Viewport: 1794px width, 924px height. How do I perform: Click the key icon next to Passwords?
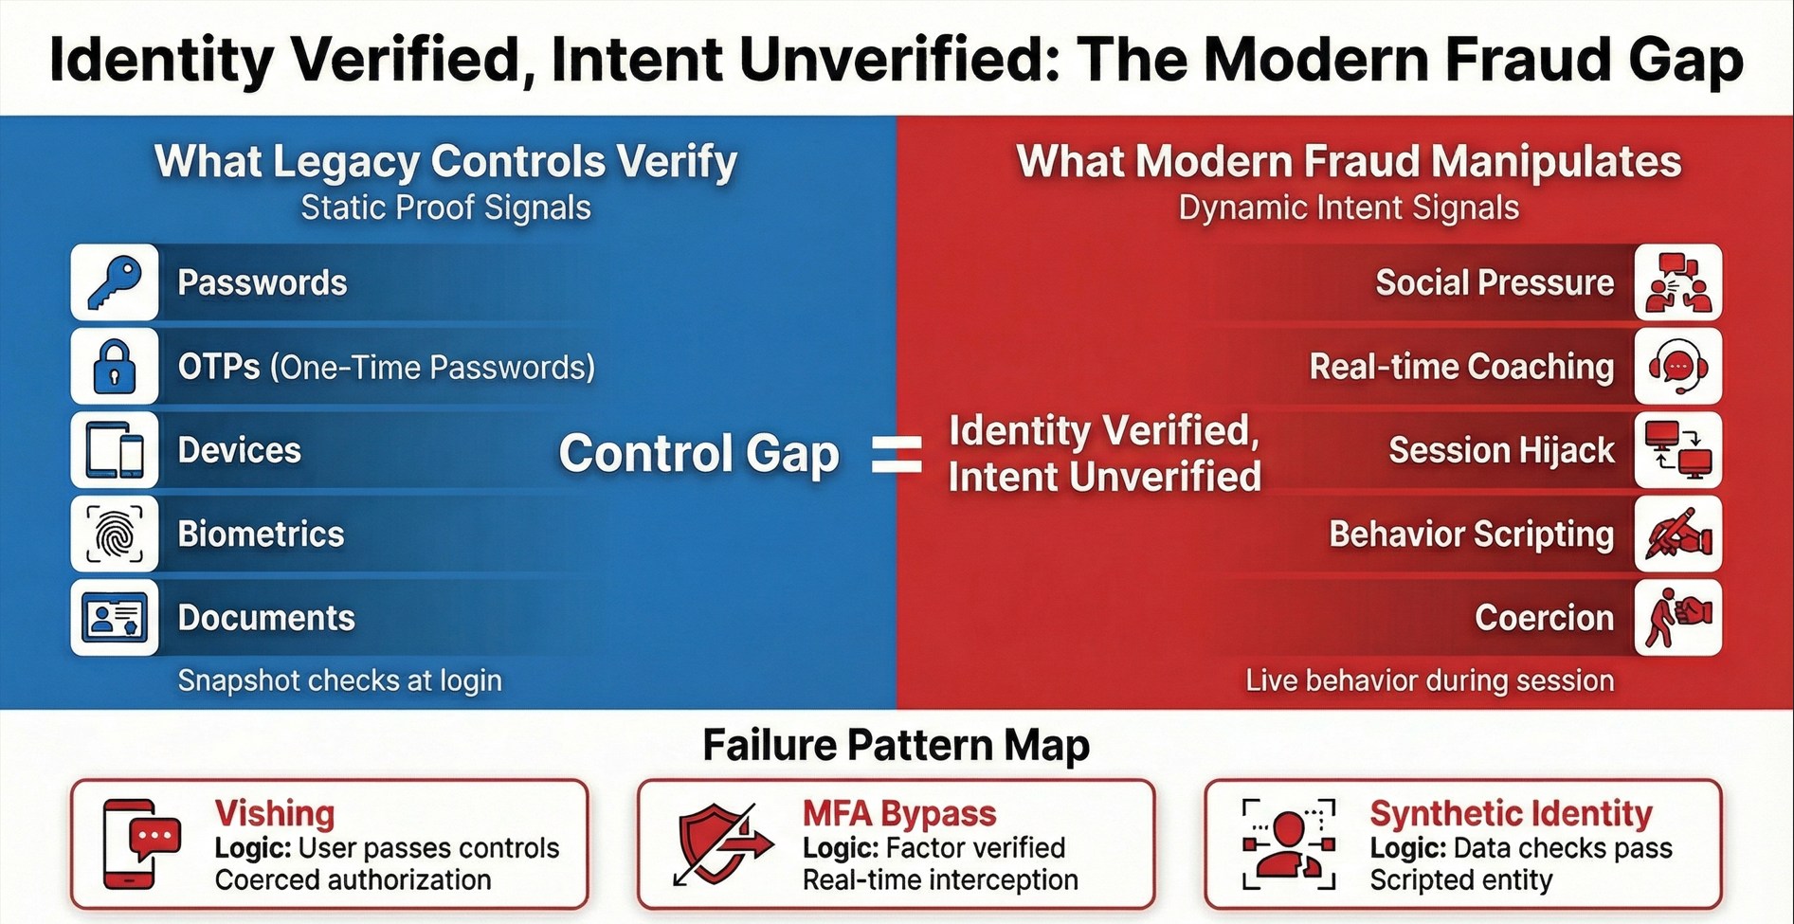click(x=115, y=282)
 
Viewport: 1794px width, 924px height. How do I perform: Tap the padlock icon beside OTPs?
click(x=115, y=367)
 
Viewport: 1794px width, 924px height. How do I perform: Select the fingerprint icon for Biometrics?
click(x=115, y=534)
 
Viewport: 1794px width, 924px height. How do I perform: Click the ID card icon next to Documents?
click(x=115, y=618)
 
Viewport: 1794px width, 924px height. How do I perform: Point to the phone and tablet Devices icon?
click(x=115, y=450)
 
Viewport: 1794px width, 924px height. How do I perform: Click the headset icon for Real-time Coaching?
click(x=1677, y=367)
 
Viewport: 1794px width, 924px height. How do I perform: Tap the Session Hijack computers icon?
click(x=1677, y=450)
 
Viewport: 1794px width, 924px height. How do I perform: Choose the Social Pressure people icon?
click(x=1677, y=282)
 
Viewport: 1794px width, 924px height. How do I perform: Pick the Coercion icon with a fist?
click(x=1677, y=618)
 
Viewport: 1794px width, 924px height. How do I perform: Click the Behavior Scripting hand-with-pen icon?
click(x=1677, y=534)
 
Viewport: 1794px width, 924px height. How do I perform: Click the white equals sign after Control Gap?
click(x=896, y=454)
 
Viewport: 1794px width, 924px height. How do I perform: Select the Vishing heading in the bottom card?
click(x=275, y=813)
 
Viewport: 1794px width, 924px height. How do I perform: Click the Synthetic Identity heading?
click(x=1511, y=813)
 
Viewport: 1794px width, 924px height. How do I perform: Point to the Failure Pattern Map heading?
click(x=896, y=745)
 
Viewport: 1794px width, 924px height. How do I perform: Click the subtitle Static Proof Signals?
click(x=445, y=208)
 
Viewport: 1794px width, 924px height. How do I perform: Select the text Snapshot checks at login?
click(x=339, y=680)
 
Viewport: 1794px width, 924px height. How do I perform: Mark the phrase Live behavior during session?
click(x=1429, y=680)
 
